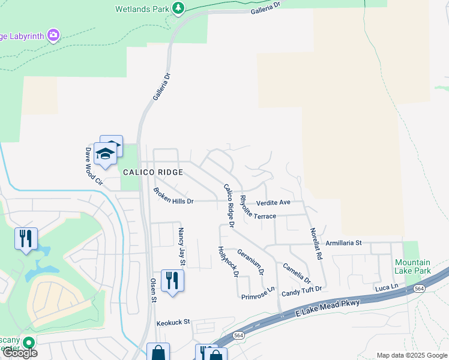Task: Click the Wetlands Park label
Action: tap(142, 8)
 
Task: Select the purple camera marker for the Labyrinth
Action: tap(53, 35)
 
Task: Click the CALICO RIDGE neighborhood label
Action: tap(152, 172)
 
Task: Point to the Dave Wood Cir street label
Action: tap(93, 166)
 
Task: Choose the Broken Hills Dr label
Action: tap(173, 197)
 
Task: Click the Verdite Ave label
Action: tap(273, 202)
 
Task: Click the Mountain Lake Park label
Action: tap(412, 266)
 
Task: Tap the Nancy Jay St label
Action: tap(180, 246)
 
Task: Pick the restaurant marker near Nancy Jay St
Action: tap(172, 280)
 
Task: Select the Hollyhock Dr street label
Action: tap(228, 262)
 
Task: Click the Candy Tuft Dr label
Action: tap(302, 290)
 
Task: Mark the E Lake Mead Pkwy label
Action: tap(328, 308)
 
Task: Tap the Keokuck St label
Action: tap(173, 322)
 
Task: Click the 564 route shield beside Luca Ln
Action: tap(419, 288)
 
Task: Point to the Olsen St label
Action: tap(153, 290)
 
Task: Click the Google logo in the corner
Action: tap(19, 352)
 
